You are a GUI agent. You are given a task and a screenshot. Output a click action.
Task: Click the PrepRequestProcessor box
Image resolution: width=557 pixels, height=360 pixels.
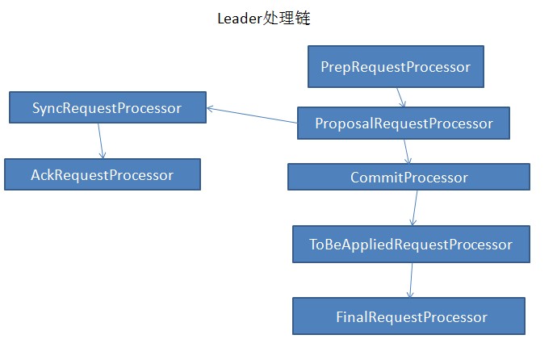(x=396, y=67)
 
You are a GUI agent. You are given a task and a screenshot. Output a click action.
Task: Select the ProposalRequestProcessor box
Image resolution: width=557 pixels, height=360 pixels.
(x=404, y=123)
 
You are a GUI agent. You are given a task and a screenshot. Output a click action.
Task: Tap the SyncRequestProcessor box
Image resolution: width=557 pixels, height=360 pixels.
(x=107, y=107)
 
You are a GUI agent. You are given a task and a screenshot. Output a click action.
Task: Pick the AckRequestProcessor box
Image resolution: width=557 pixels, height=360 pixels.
(x=102, y=174)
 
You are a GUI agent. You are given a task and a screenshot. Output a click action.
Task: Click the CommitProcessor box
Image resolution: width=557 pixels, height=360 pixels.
(x=408, y=177)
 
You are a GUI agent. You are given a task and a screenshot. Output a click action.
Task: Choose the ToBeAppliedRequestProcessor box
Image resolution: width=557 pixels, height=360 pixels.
(x=411, y=245)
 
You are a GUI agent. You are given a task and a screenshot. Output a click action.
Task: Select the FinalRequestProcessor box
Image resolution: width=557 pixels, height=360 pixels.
(x=408, y=316)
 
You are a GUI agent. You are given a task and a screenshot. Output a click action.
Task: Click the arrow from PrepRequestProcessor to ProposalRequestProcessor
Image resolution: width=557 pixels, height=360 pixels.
(x=400, y=97)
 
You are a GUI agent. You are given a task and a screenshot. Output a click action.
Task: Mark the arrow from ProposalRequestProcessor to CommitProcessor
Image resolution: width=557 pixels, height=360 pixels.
(x=408, y=151)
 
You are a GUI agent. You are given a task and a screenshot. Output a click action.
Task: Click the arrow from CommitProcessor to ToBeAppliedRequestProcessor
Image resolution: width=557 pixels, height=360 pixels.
(x=414, y=207)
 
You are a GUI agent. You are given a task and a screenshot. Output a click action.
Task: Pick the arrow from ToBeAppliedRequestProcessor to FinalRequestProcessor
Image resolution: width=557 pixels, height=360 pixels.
(x=411, y=280)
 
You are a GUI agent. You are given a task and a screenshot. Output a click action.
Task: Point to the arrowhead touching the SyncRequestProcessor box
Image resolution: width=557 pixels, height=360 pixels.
(x=211, y=107)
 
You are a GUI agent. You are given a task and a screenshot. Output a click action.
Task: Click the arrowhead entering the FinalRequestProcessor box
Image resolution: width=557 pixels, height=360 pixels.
(x=410, y=294)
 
